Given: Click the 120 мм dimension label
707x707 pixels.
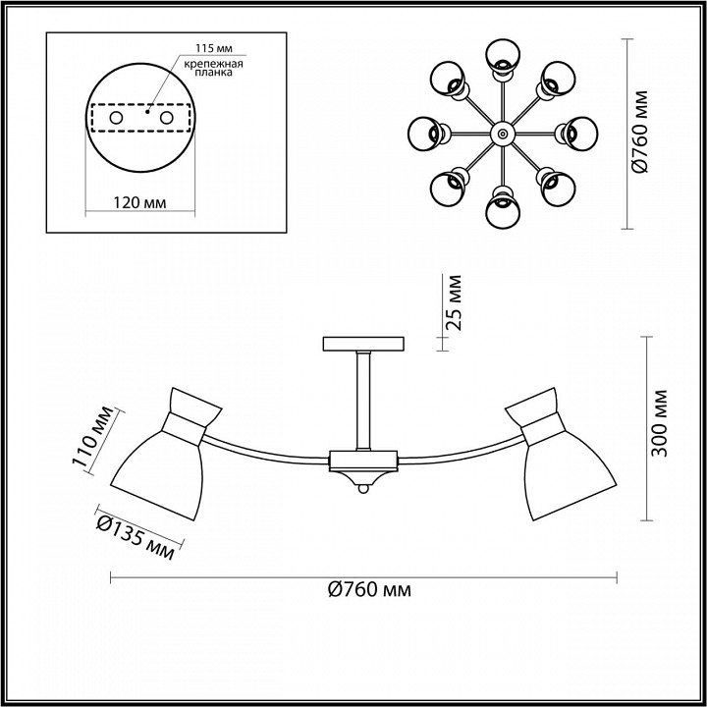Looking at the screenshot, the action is coord(139,203).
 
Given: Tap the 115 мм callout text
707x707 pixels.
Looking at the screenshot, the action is coord(215,48).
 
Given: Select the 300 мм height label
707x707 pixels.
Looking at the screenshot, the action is coord(660,423).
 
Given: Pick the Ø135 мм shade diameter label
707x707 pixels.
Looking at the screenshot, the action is coord(136,537).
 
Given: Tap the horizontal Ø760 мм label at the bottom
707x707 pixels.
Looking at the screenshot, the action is coord(370,590).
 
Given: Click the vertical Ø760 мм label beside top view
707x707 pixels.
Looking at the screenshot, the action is coord(640,132).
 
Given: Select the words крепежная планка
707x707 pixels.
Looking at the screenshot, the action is coord(214,68).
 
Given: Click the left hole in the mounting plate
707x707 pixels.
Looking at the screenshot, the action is coord(116,118).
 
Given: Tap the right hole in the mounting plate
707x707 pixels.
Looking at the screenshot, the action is coord(166,118).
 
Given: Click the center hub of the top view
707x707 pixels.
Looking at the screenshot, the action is coord(503,134).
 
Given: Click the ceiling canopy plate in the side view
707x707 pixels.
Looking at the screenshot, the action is coord(363,344).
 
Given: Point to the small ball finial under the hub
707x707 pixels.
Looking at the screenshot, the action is coord(363,488).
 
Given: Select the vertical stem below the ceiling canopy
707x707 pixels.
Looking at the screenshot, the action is coord(363,401).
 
